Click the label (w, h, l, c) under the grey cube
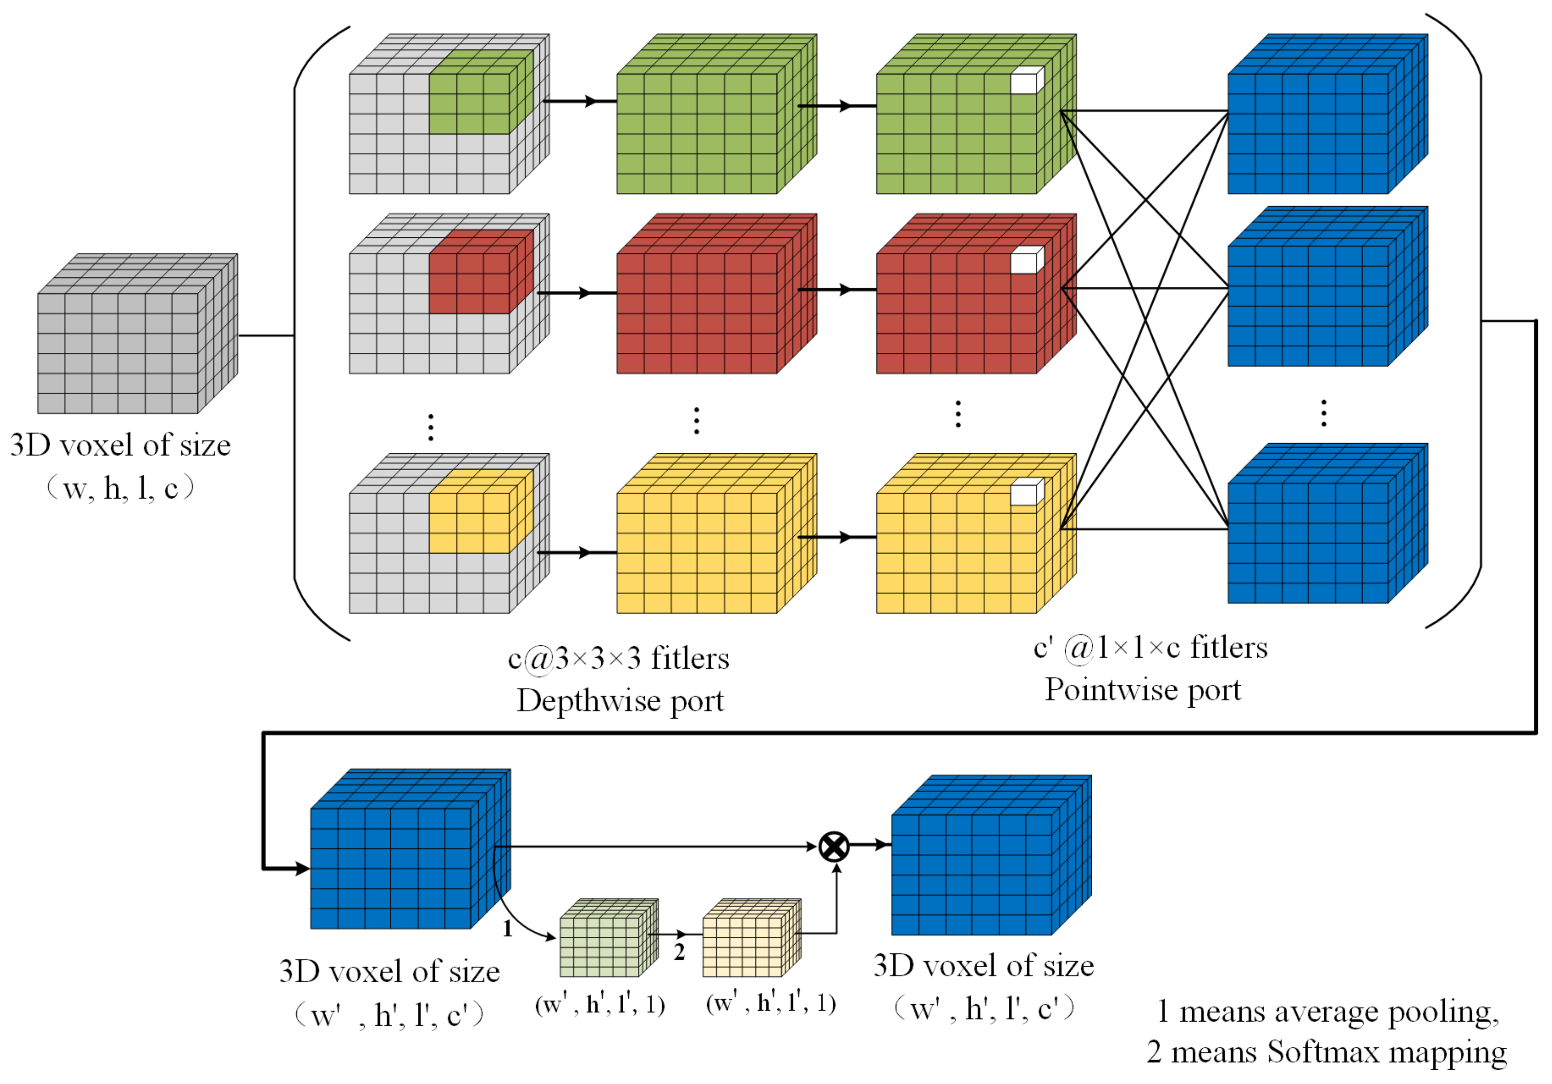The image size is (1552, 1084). [x=120, y=488]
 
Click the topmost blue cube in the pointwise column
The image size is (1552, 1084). [x=1318, y=122]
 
